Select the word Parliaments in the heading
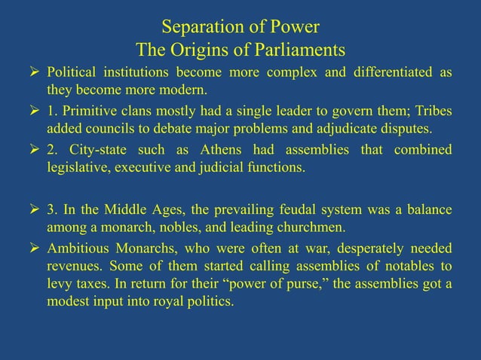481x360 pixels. coord(301,50)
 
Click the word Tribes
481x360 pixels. coord(433,111)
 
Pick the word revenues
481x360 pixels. coord(73,265)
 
